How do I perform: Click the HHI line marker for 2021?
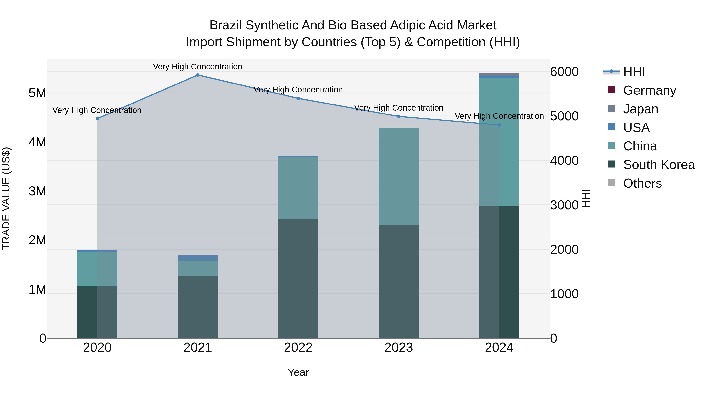point(198,75)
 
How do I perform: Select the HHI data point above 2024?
point(499,125)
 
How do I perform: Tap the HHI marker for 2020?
point(97,119)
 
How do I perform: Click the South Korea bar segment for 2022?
point(298,278)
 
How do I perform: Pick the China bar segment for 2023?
point(399,177)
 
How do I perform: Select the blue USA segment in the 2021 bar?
point(198,258)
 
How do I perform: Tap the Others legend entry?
point(642,183)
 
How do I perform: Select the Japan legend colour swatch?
point(611,108)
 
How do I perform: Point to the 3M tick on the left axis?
point(37,191)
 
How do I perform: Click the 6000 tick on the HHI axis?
point(564,72)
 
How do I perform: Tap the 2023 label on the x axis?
point(399,348)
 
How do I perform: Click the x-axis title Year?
point(298,372)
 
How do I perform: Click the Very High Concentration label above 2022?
point(298,90)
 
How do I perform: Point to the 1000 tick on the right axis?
point(564,294)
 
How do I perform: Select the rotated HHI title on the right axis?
point(585,198)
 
